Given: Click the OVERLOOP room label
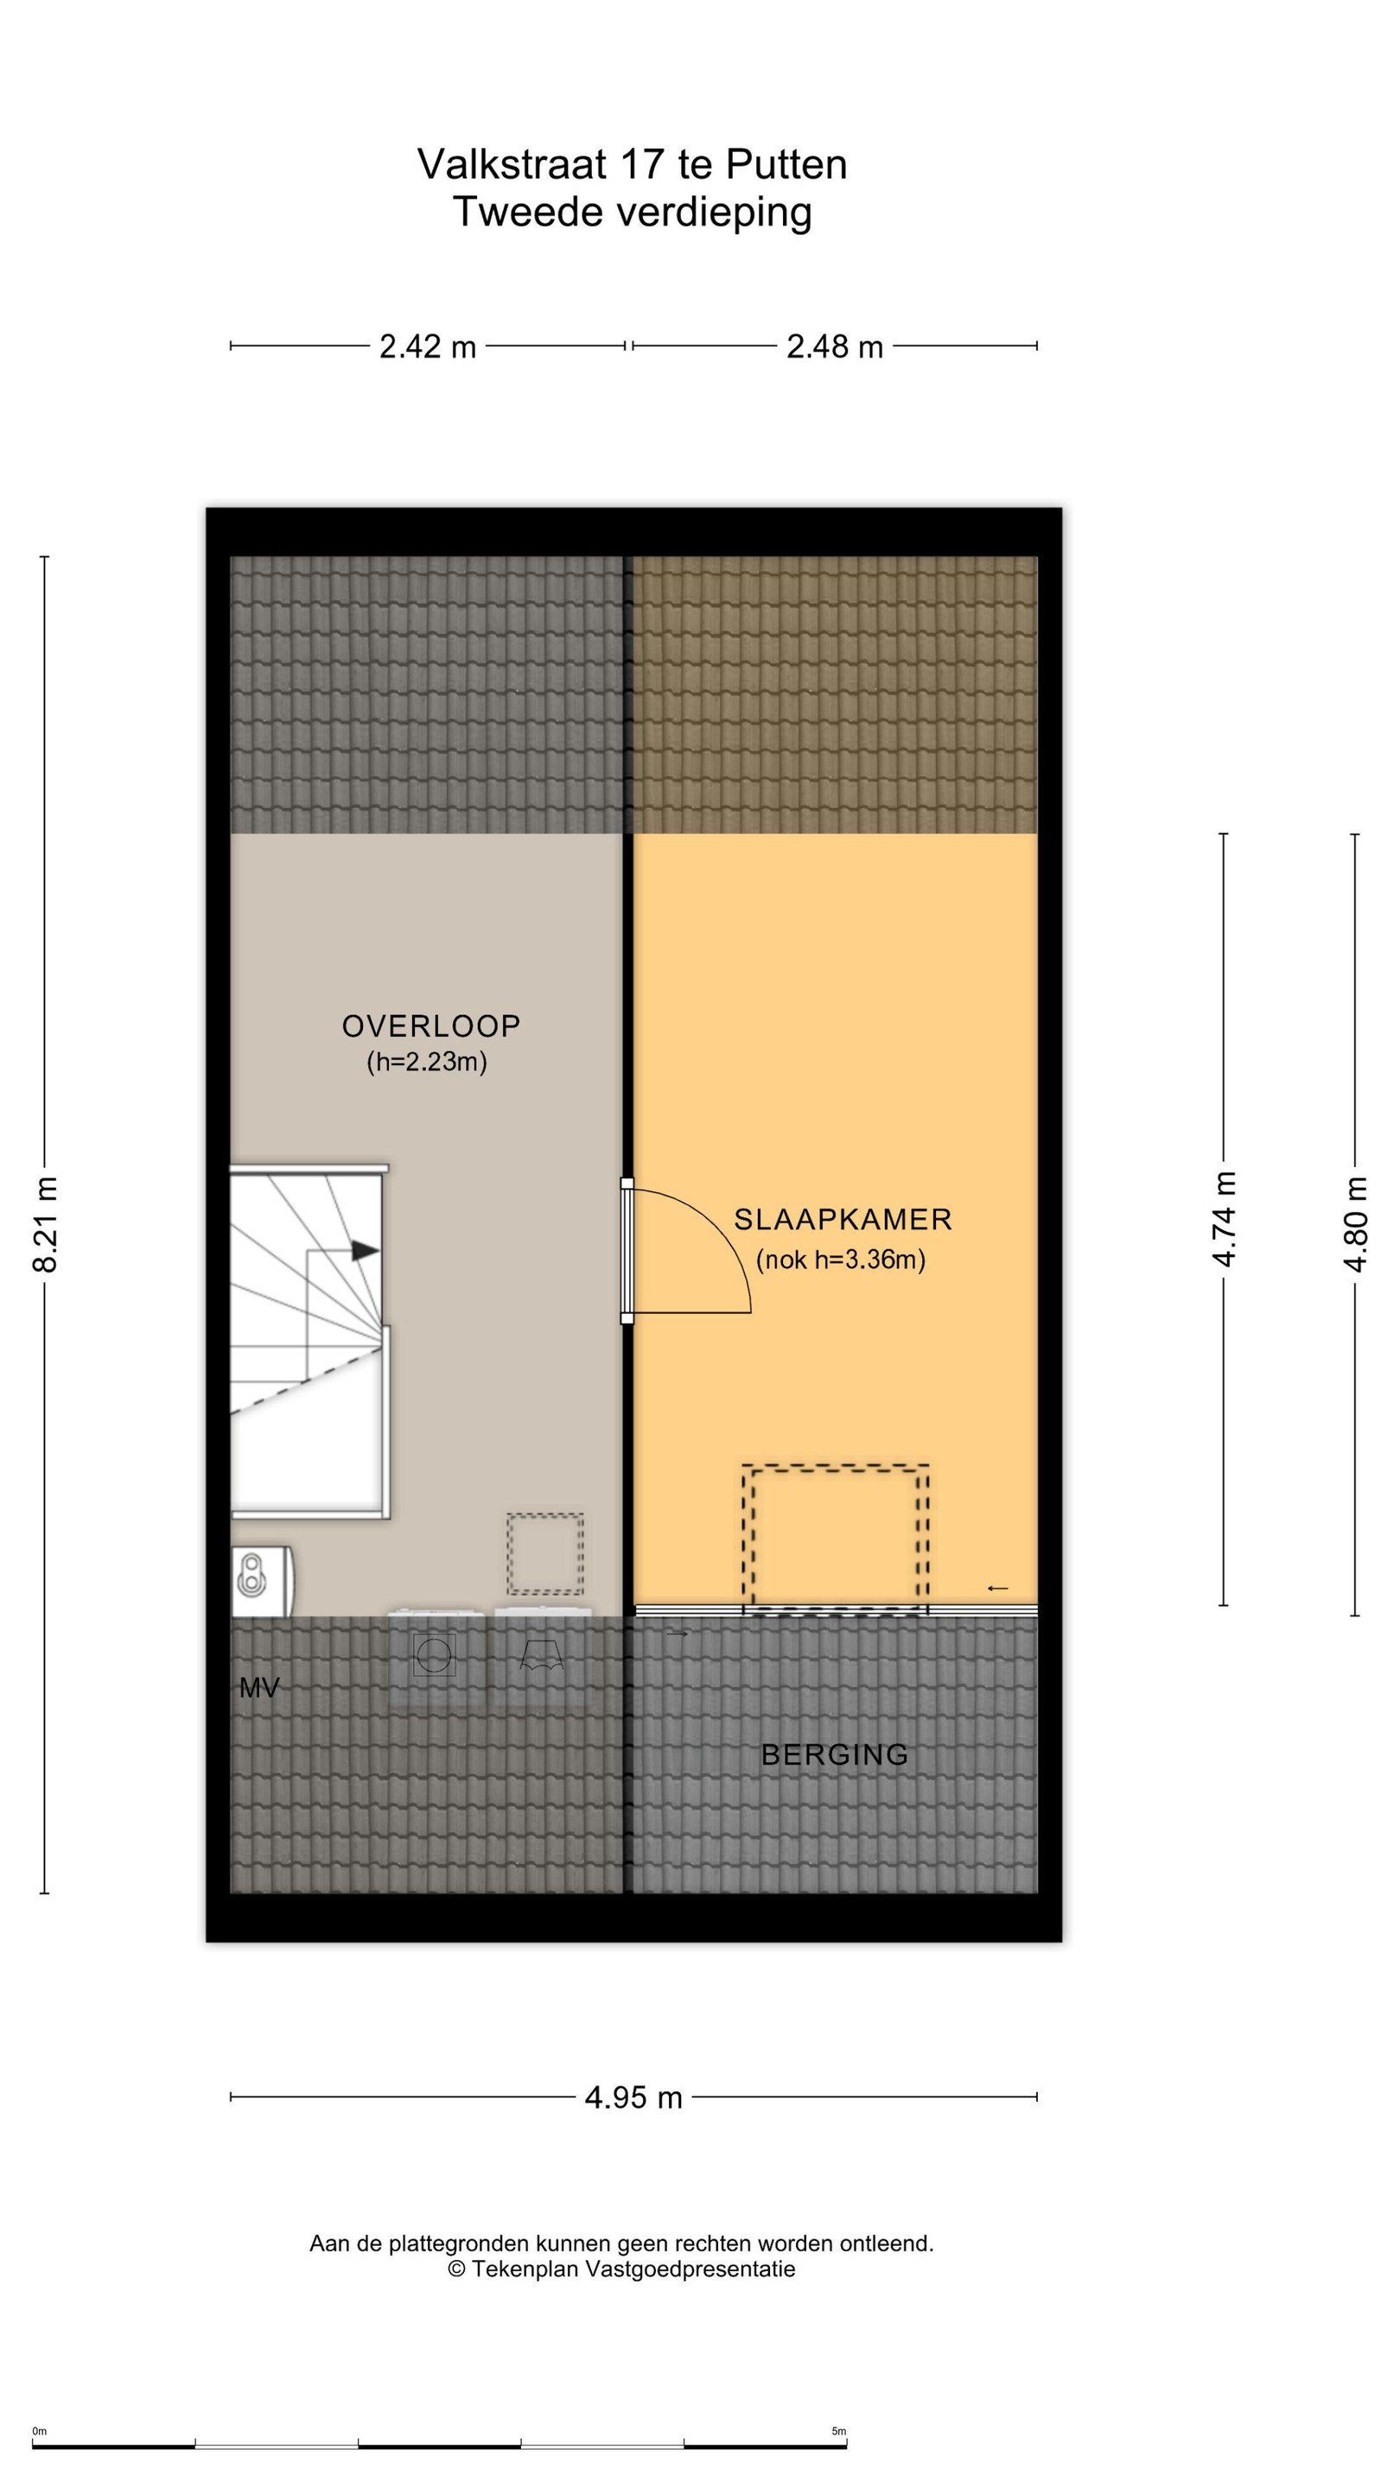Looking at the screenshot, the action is [431, 1025].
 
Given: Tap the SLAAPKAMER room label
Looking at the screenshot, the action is [843, 1219].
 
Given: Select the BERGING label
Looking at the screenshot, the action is [835, 1754].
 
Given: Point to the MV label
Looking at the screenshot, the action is [259, 1687].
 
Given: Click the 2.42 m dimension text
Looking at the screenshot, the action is [427, 346].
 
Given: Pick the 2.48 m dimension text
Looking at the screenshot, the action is [835, 346].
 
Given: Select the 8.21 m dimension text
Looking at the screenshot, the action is [46, 1224].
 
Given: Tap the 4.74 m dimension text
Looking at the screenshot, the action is [1225, 1218].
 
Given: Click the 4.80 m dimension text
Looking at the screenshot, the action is [1356, 1224].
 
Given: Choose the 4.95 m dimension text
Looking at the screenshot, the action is [633, 2097].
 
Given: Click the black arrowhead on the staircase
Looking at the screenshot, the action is [364, 1250].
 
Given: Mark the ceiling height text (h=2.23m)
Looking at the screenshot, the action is [426, 1062].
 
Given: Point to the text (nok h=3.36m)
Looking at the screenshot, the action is [841, 1260].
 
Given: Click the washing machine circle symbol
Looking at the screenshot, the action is [434, 1655].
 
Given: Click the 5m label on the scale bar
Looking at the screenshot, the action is [838, 2432].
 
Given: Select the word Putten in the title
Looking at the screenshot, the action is [786, 164].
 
